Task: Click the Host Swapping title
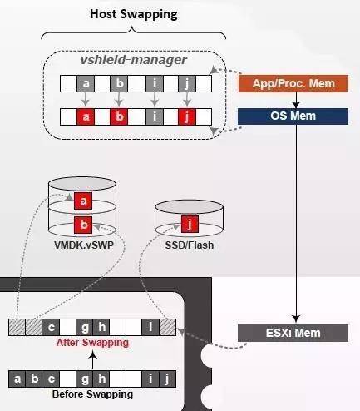pyautogui.click(x=134, y=14)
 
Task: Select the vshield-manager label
pyautogui.click(x=134, y=60)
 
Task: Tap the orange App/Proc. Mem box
pyautogui.click(x=293, y=83)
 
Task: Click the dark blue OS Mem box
pyautogui.click(x=293, y=116)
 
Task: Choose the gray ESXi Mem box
pyautogui.click(x=293, y=333)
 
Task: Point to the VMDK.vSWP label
pyautogui.click(x=84, y=245)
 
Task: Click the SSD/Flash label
pyautogui.click(x=190, y=245)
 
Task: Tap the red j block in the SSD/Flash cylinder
pyautogui.click(x=190, y=224)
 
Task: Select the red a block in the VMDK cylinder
pyautogui.click(x=83, y=201)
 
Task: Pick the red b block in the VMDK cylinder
pyautogui.click(x=83, y=225)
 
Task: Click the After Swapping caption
pyautogui.click(x=92, y=343)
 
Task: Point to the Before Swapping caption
pyautogui.click(x=92, y=394)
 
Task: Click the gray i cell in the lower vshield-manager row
pyautogui.click(x=155, y=116)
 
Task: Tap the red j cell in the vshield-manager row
pyautogui.click(x=187, y=116)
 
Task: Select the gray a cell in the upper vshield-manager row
pyautogui.click(x=86, y=83)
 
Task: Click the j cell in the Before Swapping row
pyautogui.click(x=167, y=379)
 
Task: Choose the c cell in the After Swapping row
pyautogui.click(x=51, y=328)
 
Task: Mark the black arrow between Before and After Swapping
pyautogui.click(x=93, y=359)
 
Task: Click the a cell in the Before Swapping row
pyautogui.click(x=17, y=379)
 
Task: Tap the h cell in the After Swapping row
pyautogui.click(x=101, y=328)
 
